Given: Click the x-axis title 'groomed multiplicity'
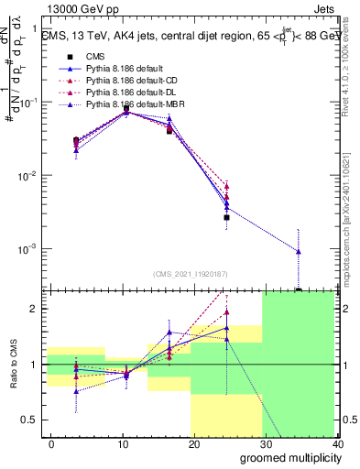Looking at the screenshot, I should tap(286, 457).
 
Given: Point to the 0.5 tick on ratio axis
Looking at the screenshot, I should tap(32, 420).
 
